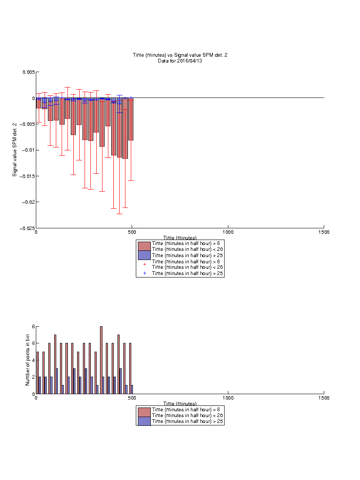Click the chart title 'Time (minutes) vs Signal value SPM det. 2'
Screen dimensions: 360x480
[180, 55]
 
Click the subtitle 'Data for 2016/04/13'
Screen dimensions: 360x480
[180, 60]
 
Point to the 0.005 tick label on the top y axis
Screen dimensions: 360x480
[28, 72]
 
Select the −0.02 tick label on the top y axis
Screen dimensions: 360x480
[28, 202]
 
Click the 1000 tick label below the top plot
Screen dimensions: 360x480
[228, 232]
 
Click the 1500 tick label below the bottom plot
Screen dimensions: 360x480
[324, 398]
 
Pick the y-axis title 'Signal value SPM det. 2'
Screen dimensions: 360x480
[15, 150]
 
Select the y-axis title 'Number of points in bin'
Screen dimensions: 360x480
[27, 360]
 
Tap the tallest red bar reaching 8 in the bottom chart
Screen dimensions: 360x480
[101, 360]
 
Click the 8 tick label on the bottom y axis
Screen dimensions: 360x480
[33, 327]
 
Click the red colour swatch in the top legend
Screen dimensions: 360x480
[144, 246]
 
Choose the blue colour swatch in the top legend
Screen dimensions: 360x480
[144, 255]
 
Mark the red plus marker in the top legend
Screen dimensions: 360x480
[145, 264]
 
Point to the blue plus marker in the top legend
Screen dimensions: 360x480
[145, 273]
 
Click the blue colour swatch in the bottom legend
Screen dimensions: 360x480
[144, 421]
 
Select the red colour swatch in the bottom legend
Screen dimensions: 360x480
[144, 412]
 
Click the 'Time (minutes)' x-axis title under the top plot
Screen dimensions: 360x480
[180, 237]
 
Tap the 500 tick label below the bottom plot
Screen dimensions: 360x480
[132, 398]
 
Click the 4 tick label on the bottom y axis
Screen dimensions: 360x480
[33, 360]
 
